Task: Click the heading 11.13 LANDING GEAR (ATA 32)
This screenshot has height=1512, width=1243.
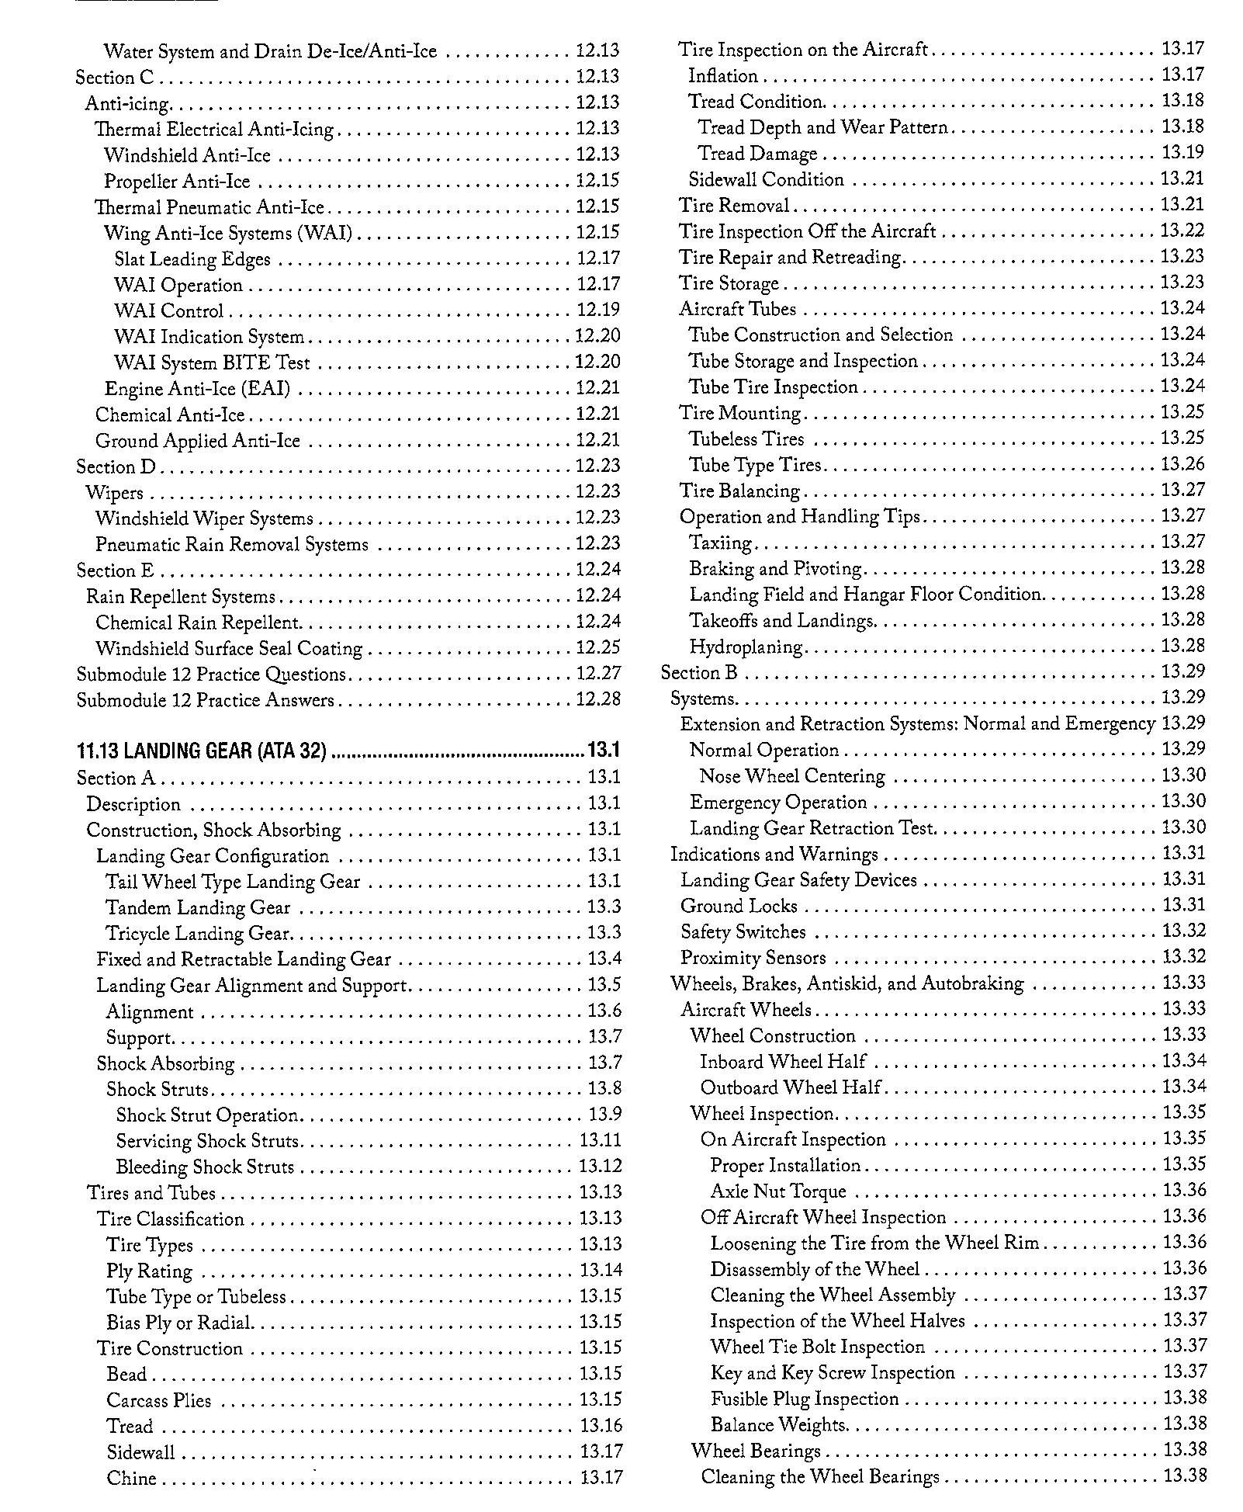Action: [202, 751]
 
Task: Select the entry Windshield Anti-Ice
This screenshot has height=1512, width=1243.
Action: [187, 155]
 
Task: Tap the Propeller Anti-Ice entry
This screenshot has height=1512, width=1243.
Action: [177, 182]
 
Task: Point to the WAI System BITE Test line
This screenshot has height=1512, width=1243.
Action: [212, 362]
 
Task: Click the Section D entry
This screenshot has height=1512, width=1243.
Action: [116, 466]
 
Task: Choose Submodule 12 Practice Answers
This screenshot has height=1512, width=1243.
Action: [205, 700]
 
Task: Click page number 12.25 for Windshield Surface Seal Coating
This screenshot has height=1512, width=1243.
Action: [598, 647]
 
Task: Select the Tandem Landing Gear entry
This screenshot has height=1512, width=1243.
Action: [198, 907]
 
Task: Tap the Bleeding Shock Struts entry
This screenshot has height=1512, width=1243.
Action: [205, 1167]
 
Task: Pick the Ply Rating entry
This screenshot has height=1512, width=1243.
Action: [149, 1271]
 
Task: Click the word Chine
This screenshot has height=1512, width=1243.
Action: [131, 1478]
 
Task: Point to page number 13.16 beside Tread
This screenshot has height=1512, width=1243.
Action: [601, 1425]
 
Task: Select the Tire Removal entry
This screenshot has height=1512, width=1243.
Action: [734, 205]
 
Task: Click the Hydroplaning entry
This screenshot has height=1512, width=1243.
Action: [746, 647]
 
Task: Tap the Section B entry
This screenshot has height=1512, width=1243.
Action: [698, 672]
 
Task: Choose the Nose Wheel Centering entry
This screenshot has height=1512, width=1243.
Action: [791, 776]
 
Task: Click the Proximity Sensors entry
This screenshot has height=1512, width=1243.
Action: [753, 958]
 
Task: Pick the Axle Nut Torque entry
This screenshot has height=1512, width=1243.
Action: [778, 1191]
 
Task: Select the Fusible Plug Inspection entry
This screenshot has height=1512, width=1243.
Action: [804, 1399]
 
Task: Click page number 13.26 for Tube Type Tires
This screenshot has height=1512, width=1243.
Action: [1182, 464]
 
